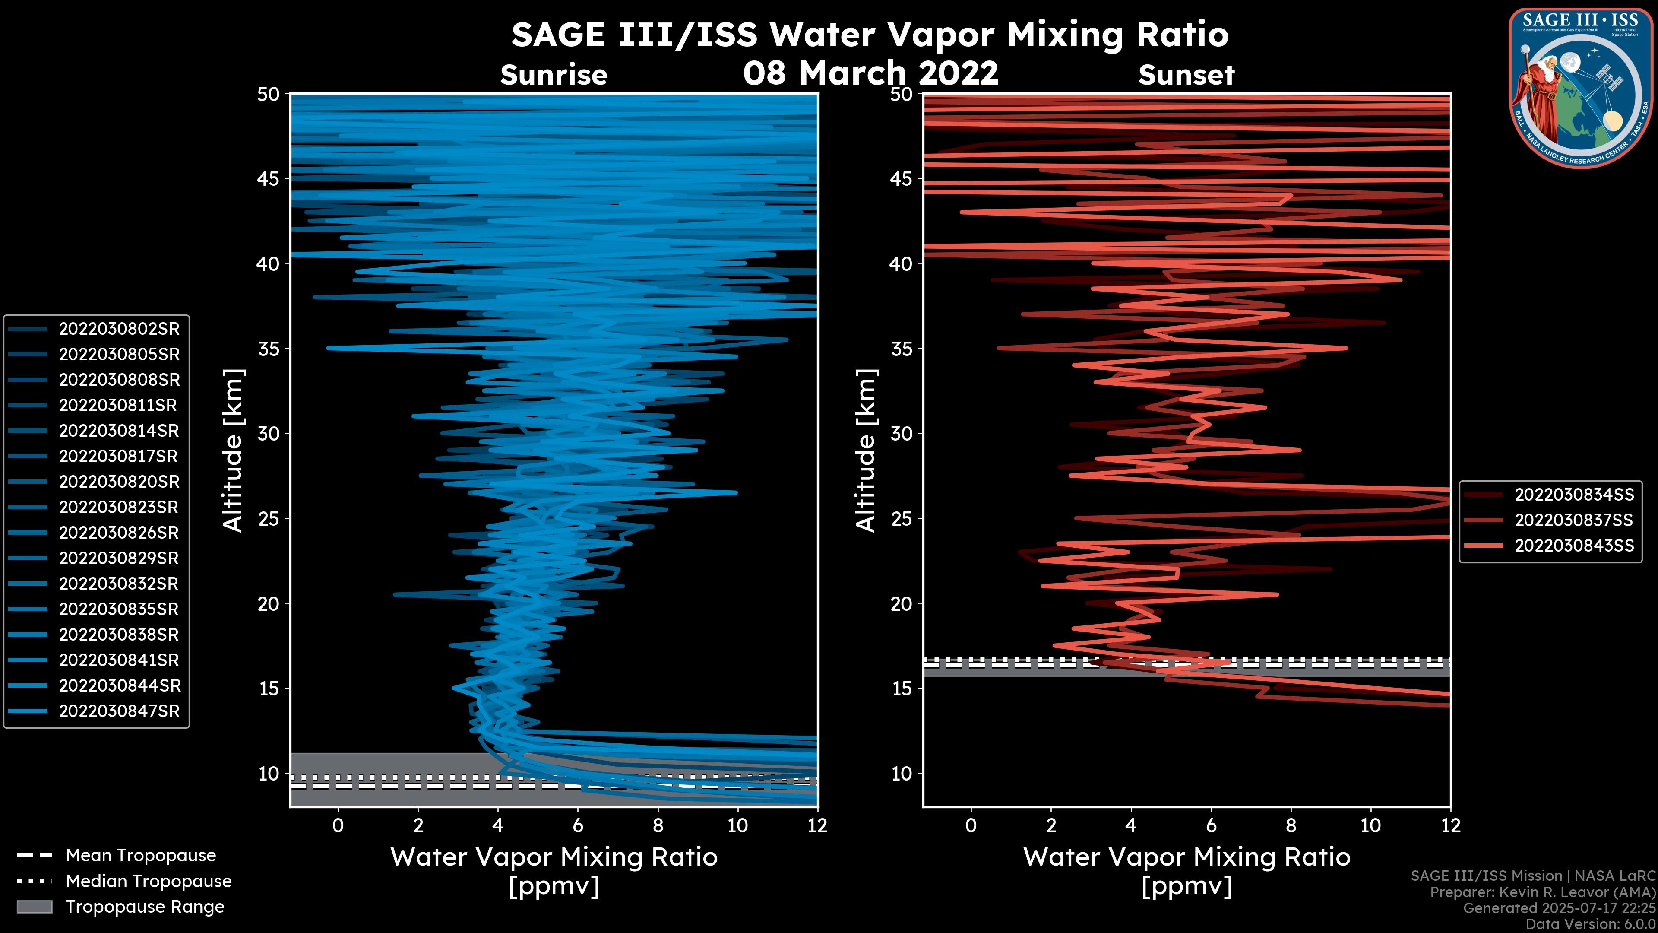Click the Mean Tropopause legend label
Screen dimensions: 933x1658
coord(141,856)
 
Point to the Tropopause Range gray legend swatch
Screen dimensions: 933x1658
coord(35,907)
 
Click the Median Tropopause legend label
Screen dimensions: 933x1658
coord(149,882)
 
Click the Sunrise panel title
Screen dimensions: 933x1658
coord(554,75)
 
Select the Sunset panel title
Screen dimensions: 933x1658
coord(1186,75)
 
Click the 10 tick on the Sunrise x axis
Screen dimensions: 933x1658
coord(737,825)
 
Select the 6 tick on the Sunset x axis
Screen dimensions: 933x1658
coord(1211,825)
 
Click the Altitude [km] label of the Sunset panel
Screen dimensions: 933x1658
coord(866,450)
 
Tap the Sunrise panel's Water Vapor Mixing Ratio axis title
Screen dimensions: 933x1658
coord(554,857)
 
